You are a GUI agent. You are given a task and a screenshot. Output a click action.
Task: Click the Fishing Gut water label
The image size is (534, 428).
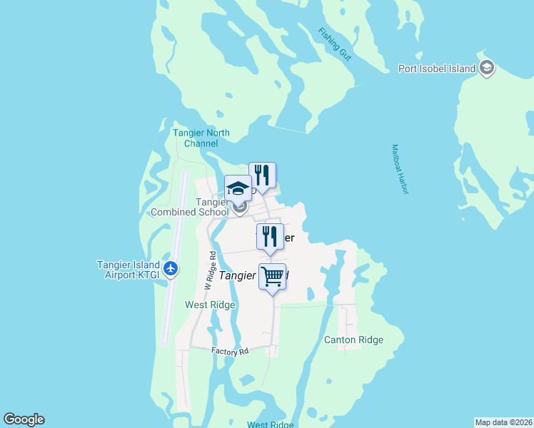[335, 44]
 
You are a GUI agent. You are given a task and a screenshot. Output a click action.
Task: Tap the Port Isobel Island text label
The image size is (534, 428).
[437, 69]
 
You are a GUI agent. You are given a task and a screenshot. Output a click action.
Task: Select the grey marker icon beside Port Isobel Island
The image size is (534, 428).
[487, 68]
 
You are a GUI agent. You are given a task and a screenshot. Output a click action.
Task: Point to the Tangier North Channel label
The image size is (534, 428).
[201, 138]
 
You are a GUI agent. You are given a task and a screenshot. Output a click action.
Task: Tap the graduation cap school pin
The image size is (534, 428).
[238, 189]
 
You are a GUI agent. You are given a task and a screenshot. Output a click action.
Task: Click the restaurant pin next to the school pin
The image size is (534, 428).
[262, 175]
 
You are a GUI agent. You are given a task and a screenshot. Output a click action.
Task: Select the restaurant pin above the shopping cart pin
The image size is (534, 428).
[270, 237]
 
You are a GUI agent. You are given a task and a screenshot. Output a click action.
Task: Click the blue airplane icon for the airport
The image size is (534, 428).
[170, 268]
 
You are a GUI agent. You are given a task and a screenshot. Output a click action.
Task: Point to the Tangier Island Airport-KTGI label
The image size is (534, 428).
[128, 269]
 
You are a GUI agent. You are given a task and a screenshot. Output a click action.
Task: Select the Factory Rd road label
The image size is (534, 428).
[230, 351]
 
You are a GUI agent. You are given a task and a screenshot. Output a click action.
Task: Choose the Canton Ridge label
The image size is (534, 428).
[354, 340]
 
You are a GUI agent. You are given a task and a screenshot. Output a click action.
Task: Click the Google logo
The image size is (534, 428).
[24, 419]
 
